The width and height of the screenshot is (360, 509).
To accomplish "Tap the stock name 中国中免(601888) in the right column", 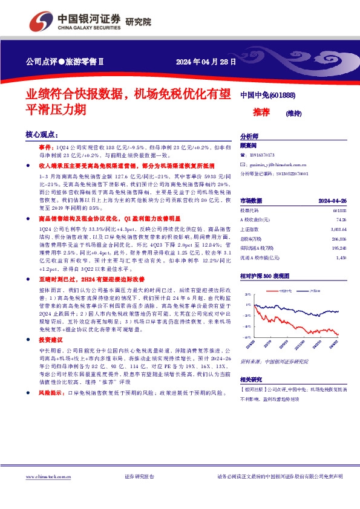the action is point(267,96).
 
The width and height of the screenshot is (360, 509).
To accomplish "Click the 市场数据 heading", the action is point(251,200).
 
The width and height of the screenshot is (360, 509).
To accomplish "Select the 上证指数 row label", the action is point(250,230).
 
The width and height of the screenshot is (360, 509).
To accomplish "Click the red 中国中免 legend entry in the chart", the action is point(286,291).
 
